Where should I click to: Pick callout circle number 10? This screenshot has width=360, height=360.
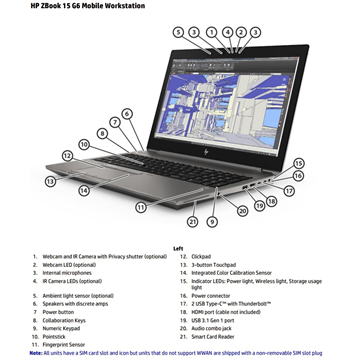(x=84, y=144)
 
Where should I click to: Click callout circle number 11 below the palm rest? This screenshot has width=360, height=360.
(x=141, y=207)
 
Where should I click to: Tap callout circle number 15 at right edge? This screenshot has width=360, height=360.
(x=298, y=162)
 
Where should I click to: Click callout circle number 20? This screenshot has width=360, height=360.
(x=242, y=210)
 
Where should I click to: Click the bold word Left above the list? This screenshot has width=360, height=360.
(x=178, y=247)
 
